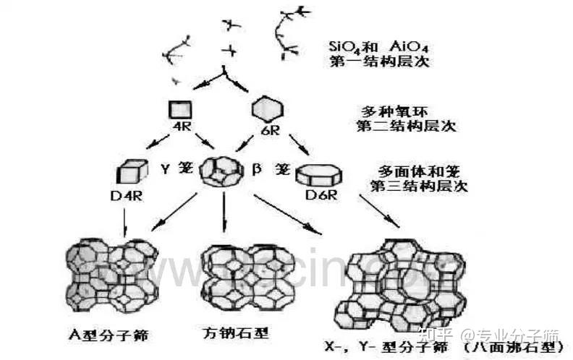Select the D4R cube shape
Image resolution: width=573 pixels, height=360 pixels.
click(x=129, y=171)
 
